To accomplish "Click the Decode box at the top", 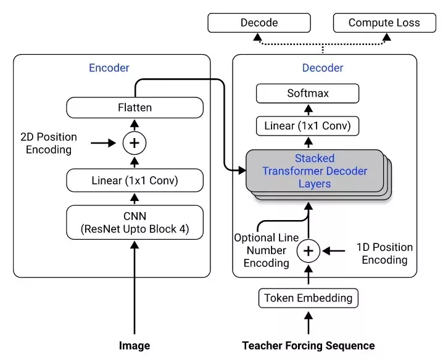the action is click(x=259, y=23).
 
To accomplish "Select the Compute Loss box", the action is click(x=384, y=23).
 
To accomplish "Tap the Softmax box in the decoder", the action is click(x=308, y=93).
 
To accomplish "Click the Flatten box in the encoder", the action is click(x=135, y=108).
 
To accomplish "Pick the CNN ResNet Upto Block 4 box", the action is click(x=135, y=223).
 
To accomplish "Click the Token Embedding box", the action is click(x=308, y=298).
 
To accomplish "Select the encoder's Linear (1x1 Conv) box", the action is click(x=135, y=181).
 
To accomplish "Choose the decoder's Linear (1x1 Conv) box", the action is click(x=308, y=126).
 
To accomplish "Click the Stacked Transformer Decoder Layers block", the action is click(x=315, y=171).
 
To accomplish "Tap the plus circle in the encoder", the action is click(x=135, y=143).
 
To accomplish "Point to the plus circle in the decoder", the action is click(x=308, y=251).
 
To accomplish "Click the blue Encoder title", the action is click(x=109, y=68).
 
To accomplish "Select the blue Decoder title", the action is click(x=323, y=68).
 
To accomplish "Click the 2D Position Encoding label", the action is click(x=49, y=143).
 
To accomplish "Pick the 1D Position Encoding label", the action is click(x=384, y=253).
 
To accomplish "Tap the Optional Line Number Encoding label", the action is click(x=266, y=250).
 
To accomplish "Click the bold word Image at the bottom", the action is click(x=135, y=346).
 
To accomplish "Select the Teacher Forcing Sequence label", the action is click(x=308, y=346).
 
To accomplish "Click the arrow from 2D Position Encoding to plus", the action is click(x=103, y=143).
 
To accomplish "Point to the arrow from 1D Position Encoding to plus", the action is click(x=333, y=251).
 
